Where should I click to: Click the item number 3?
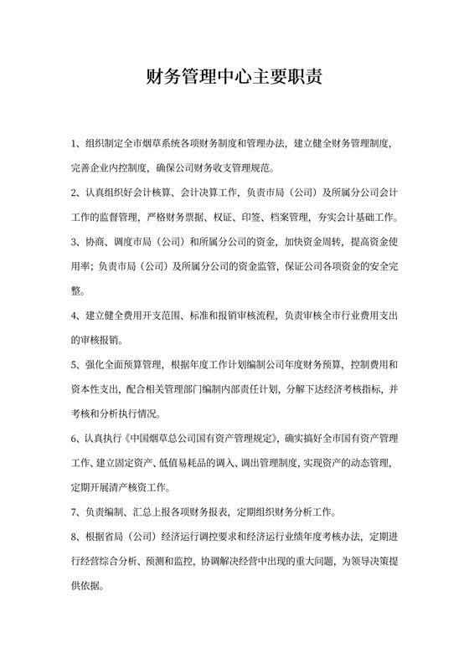(75, 243)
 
